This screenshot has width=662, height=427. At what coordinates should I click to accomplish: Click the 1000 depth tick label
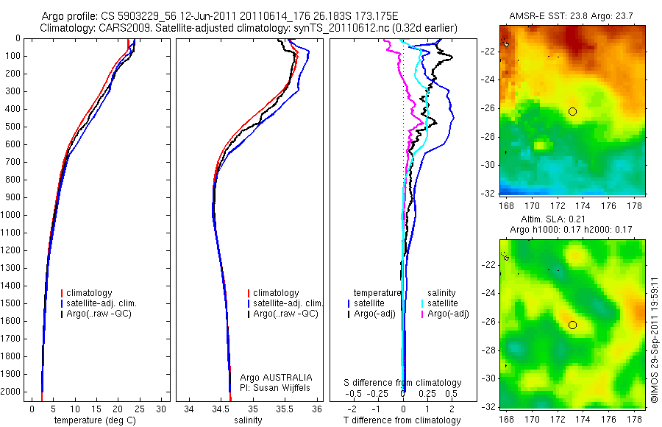[x=11, y=215]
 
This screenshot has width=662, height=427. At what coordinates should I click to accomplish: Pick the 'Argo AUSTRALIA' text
[x=281, y=377]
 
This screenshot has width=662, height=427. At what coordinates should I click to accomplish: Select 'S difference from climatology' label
[x=403, y=383]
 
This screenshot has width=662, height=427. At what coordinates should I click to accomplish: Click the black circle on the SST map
[x=572, y=111]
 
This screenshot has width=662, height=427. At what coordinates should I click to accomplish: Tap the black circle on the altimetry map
[x=572, y=325]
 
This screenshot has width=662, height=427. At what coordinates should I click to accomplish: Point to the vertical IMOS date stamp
[x=654, y=339]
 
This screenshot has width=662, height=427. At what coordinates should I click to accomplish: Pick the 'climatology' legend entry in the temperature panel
[x=89, y=293]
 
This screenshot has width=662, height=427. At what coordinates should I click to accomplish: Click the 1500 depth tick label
[x=11, y=303]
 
